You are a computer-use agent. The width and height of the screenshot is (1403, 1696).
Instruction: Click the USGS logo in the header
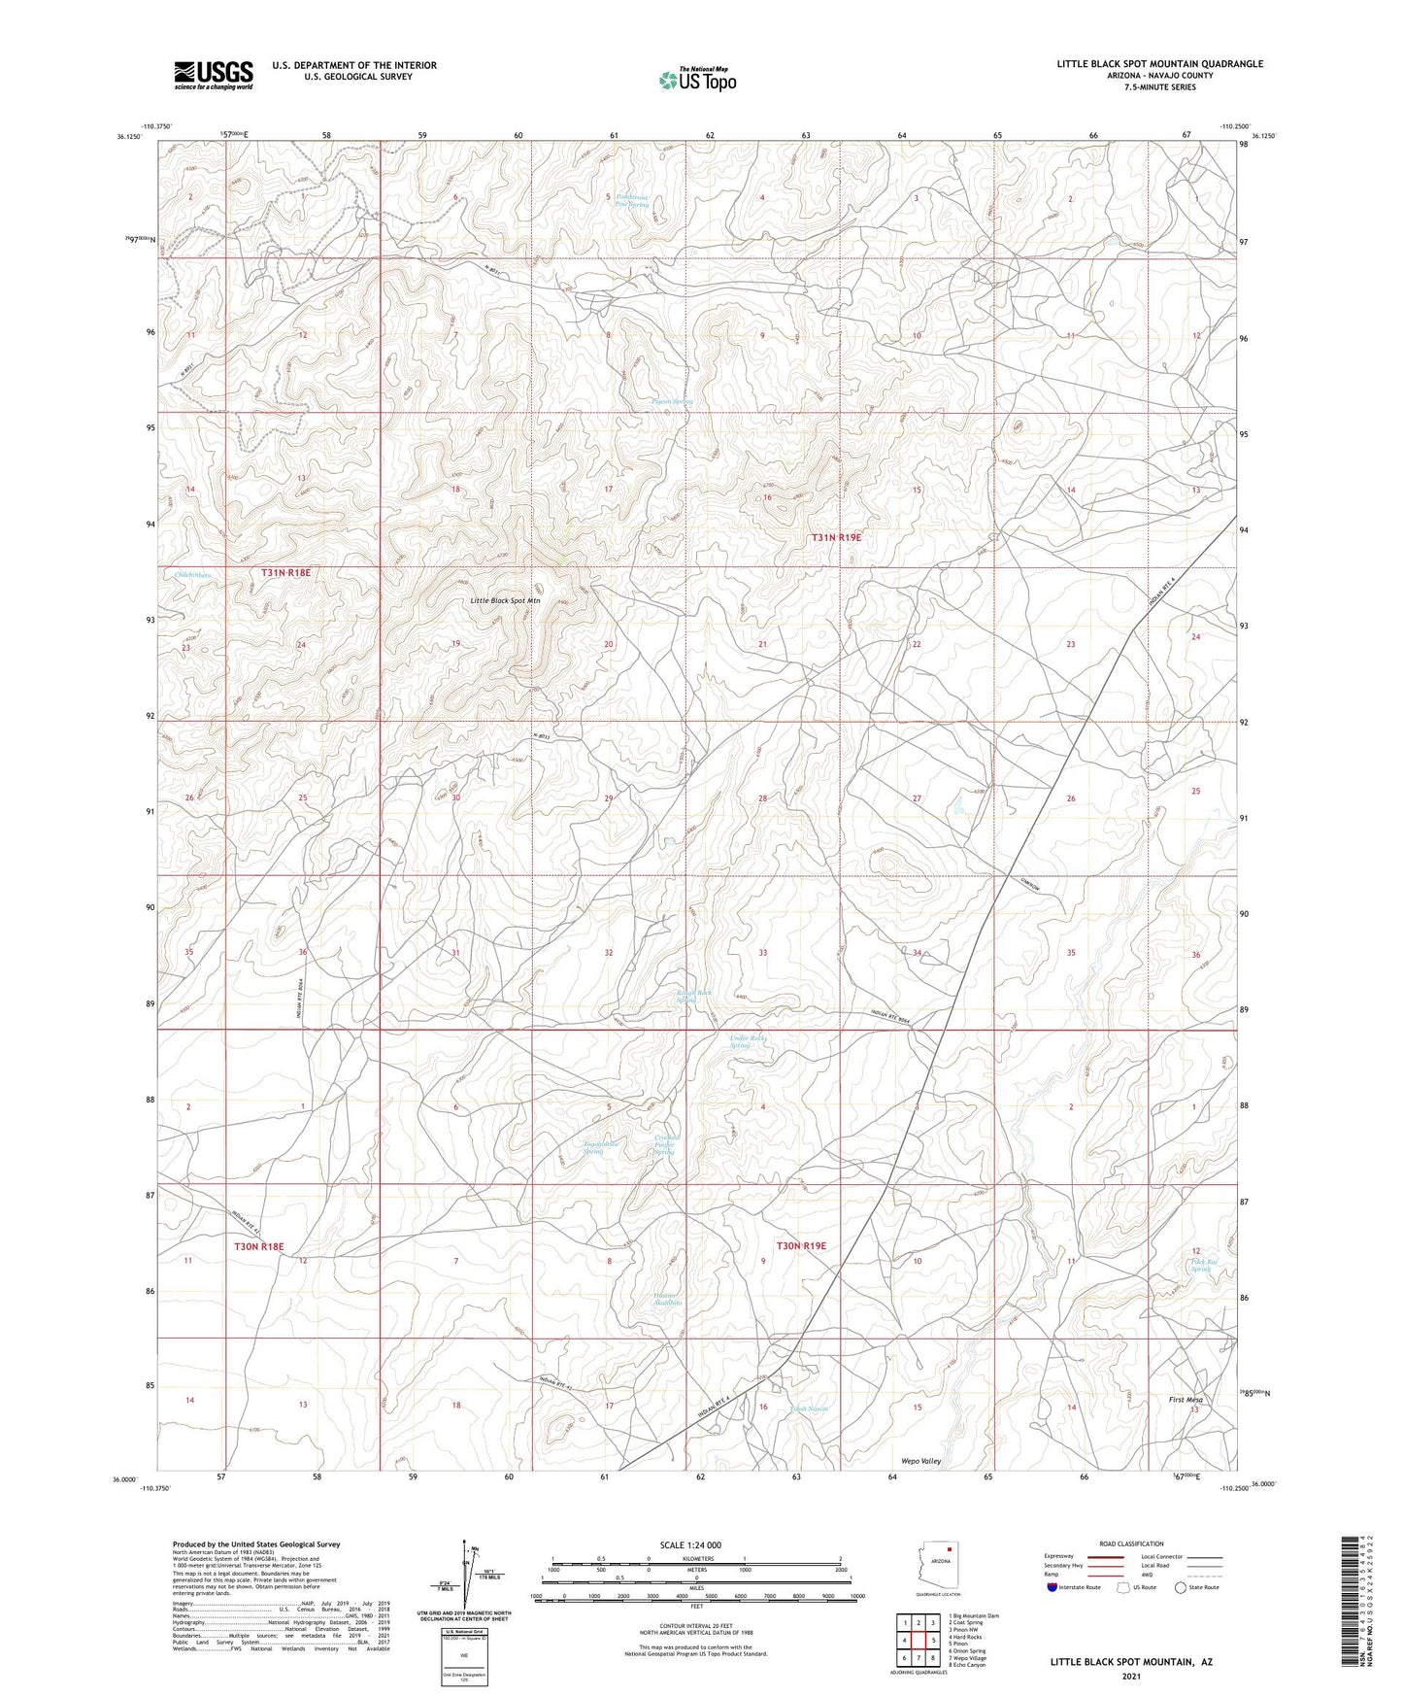pyautogui.click(x=214, y=75)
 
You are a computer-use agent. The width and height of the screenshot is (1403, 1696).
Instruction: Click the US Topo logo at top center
pyautogui.click(x=696, y=80)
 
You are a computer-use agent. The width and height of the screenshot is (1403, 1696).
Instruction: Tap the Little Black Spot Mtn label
pyautogui.click(x=505, y=600)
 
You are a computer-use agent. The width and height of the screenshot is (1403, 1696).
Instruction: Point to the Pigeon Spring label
pyautogui.click(x=672, y=401)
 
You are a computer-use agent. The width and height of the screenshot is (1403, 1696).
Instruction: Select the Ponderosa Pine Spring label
pyautogui.click(x=632, y=201)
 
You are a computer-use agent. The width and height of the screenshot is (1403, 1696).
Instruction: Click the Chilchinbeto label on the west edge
pyautogui.click(x=193, y=575)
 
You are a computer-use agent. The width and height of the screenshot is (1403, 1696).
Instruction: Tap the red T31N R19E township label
pyautogui.click(x=836, y=537)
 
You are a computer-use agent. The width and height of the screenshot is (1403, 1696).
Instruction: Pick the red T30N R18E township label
pyautogui.click(x=259, y=1246)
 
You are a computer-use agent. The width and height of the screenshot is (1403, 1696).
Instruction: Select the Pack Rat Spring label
pyautogui.click(x=1202, y=1266)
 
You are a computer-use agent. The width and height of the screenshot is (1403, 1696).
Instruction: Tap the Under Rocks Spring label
pyautogui.click(x=749, y=1042)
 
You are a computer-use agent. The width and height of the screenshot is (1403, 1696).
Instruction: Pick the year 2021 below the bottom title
pyautogui.click(x=1130, y=1677)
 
